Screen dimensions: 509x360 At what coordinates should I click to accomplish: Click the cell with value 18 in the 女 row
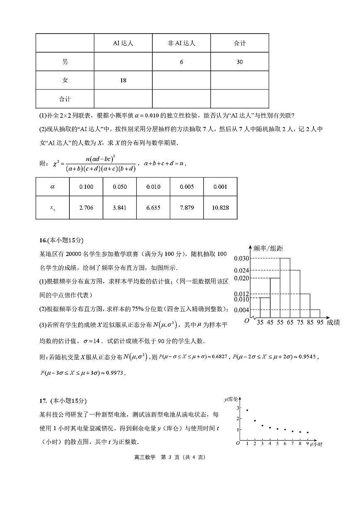(x=123, y=80)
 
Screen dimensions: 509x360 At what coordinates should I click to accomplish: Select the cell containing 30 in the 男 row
(x=240, y=62)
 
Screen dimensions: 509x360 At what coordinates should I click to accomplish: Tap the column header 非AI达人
(x=181, y=43)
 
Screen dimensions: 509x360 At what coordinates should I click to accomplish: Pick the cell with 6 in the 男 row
(x=181, y=62)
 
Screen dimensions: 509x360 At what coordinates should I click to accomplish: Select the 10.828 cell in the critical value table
(x=220, y=208)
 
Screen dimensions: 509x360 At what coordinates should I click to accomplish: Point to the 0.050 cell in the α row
(x=120, y=187)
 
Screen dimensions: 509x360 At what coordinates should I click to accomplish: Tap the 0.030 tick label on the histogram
(x=241, y=258)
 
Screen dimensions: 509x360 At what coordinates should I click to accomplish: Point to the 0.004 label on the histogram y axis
(x=241, y=310)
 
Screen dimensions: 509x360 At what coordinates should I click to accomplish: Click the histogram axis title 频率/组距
(x=268, y=248)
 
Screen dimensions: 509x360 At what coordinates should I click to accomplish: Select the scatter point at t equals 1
(x=247, y=410)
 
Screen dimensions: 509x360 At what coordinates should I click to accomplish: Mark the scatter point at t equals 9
(x=307, y=432)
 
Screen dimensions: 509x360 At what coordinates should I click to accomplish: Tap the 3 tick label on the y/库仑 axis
(x=238, y=408)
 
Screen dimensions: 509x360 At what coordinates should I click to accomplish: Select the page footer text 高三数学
(x=144, y=457)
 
